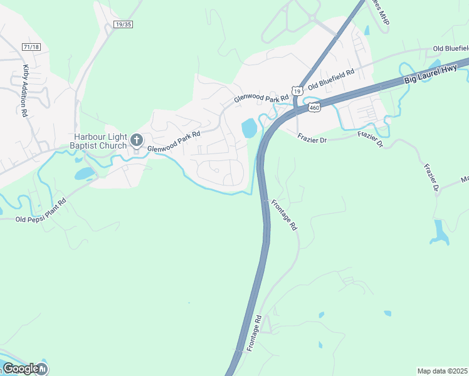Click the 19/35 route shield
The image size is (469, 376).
click(124, 24)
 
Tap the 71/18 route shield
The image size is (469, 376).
click(31, 47)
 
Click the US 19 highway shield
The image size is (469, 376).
click(297, 91)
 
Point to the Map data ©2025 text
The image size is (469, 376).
click(442, 371)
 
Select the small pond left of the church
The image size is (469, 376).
click(83, 174)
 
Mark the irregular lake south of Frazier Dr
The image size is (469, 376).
click(440, 231)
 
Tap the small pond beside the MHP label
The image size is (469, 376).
click(366, 29)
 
